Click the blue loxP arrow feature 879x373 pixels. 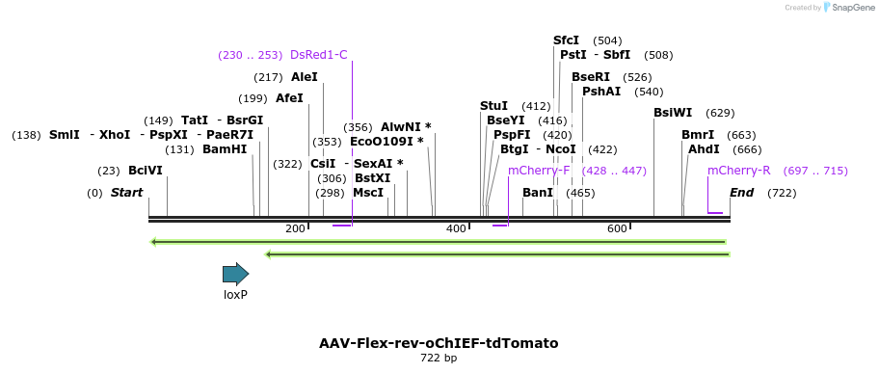point(235,274)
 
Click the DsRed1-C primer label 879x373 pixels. point(318,55)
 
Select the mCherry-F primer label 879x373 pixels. point(539,171)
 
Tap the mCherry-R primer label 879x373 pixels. point(738,171)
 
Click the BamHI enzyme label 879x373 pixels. point(225,149)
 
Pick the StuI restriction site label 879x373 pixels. point(493,106)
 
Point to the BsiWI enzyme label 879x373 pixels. point(673,113)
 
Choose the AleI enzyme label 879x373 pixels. point(304,77)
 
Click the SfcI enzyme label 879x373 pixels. point(566,40)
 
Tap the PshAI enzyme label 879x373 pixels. point(601,92)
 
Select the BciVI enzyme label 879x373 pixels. point(146,171)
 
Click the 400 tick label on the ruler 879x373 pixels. point(456,228)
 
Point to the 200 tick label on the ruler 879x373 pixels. point(295,228)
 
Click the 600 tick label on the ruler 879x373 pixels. point(617,228)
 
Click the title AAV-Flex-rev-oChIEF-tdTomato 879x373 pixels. point(439,343)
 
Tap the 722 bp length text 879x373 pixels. point(439,359)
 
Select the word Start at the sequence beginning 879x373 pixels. point(126,193)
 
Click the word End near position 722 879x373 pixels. point(741,193)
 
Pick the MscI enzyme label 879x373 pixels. point(368,193)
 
